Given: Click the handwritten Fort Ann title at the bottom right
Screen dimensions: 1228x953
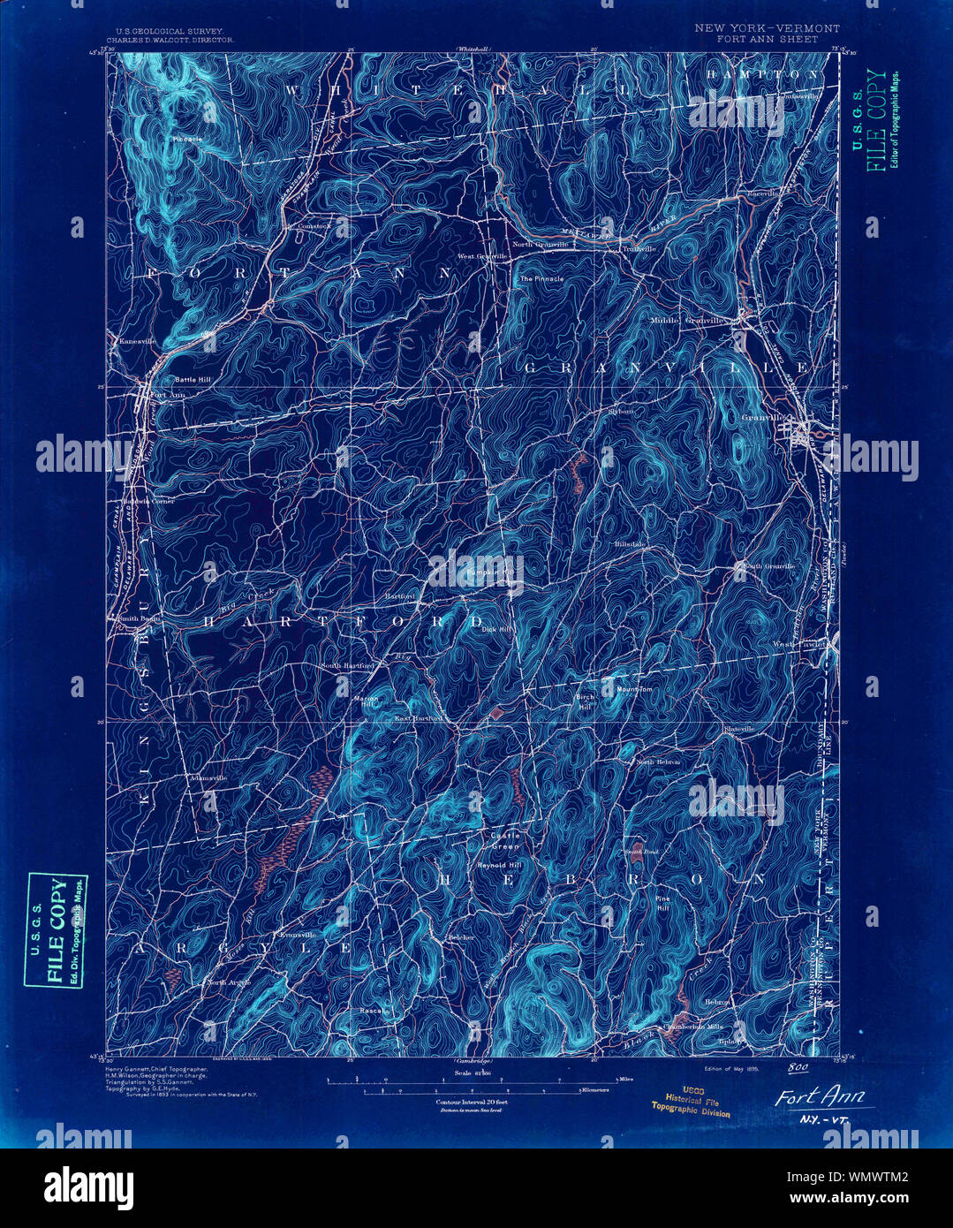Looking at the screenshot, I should pos(821,1098).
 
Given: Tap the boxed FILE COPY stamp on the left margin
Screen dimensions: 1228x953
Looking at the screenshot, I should pos(57,930).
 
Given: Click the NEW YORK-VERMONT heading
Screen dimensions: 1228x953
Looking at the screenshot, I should pos(767,28).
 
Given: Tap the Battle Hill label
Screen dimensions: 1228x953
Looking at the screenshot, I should pos(192,379).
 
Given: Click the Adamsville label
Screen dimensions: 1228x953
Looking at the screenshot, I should pos(208,777).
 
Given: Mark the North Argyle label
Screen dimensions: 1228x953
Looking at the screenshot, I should pos(229,982).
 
